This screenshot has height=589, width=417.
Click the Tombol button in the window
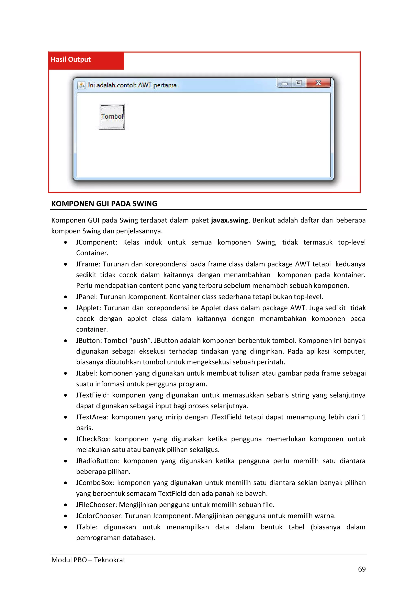point(112,117)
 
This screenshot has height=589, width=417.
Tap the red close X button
point(318,83)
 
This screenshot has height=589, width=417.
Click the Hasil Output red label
point(71,60)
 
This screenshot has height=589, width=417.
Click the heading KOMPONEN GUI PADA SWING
point(104,204)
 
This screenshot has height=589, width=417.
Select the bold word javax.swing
point(229,220)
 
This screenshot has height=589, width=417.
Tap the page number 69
point(362,569)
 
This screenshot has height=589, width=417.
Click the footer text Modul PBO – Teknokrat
point(88,560)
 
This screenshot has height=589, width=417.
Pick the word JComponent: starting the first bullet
point(97,242)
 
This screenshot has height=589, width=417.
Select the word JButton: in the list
point(89,341)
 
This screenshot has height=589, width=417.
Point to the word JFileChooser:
point(97,505)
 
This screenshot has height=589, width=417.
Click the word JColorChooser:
point(99,516)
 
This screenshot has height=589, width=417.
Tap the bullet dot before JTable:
point(66,527)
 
